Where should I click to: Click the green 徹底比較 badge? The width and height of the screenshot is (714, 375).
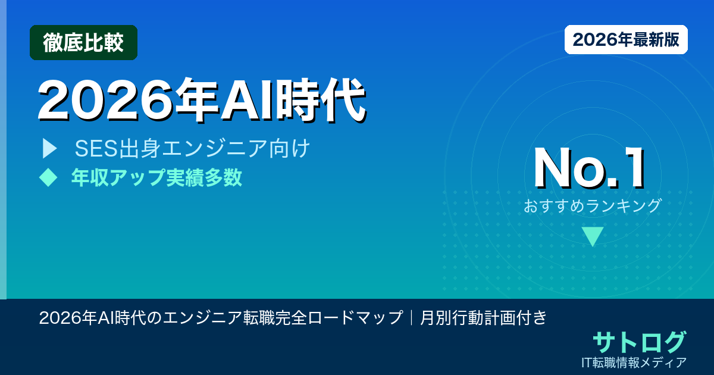point(83,43)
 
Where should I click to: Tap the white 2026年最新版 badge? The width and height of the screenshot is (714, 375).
point(626,40)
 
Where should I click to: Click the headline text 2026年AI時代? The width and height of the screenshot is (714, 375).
point(201,99)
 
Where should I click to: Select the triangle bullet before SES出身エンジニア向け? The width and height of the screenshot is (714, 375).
point(49,149)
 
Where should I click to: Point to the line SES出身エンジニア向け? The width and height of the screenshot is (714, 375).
point(192,149)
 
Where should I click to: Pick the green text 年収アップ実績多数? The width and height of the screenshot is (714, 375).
point(156,177)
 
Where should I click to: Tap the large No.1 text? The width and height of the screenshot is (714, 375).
point(589,170)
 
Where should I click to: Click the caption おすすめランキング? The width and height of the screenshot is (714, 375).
point(593,206)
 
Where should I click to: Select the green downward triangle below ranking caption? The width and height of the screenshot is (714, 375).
point(593,236)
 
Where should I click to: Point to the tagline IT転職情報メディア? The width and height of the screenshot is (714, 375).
point(634,362)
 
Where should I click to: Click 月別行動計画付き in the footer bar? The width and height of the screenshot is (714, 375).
point(483,317)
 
